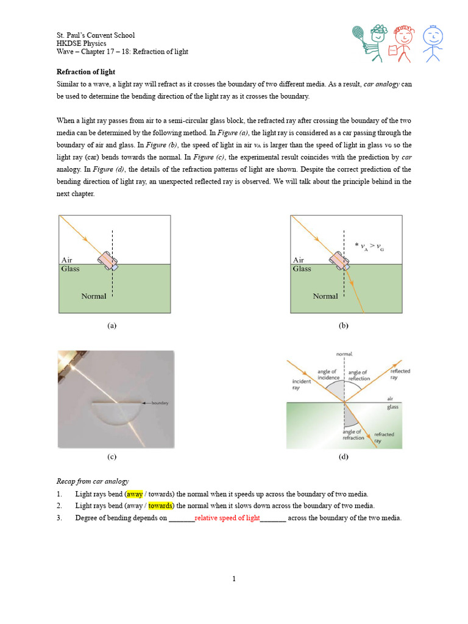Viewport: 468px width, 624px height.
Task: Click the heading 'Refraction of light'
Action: [x=86, y=71]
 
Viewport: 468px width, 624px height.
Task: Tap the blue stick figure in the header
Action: [x=433, y=42]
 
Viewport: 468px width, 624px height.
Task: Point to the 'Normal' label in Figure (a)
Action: [x=94, y=296]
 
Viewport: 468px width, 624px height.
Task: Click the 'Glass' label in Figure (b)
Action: [x=302, y=269]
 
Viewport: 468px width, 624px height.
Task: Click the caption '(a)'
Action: [x=112, y=326]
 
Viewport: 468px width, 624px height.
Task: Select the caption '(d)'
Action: [x=344, y=456]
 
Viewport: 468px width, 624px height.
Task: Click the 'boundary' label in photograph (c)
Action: [x=160, y=403]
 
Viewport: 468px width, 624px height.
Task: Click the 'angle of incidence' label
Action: [x=328, y=375]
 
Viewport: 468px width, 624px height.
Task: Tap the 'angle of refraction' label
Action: [x=353, y=434]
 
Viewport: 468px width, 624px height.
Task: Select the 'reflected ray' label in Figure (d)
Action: [x=400, y=374]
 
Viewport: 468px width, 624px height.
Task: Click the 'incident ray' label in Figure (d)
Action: [x=301, y=385]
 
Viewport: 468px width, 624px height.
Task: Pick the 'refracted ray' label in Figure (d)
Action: [x=384, y=437]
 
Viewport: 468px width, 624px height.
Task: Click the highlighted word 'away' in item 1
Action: [x=135, y=494]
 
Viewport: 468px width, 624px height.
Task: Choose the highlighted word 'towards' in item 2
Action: [x=160, y=506]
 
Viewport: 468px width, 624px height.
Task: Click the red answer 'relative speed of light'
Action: [x=227, y=518]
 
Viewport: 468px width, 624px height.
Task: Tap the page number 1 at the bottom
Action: [x=234, y=578]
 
